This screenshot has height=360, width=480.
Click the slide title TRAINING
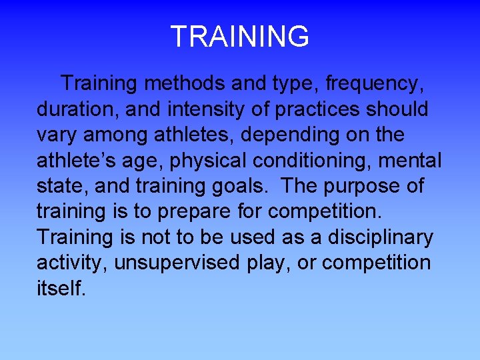(240, 36)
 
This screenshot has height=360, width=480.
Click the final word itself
(61, 287)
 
